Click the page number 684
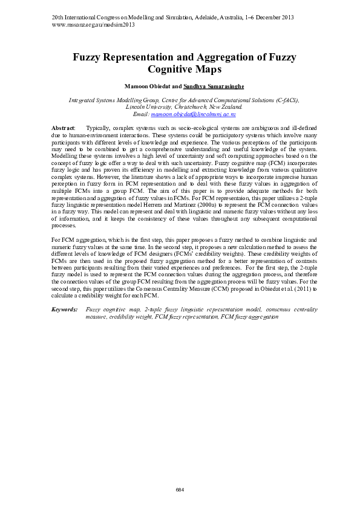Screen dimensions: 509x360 (x=180, y=488)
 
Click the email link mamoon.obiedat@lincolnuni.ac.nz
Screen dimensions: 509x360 (x=193, y=114)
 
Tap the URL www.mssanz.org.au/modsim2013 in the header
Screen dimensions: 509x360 (x=94, y=25)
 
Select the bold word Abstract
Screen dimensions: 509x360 (x=63, y=129)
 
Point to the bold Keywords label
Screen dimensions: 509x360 (x=65, y=309)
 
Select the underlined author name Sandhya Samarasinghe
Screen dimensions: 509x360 (x=209, y=86)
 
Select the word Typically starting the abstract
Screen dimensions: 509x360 (x=99, y=129)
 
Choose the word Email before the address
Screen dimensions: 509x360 (x=140, y=114)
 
